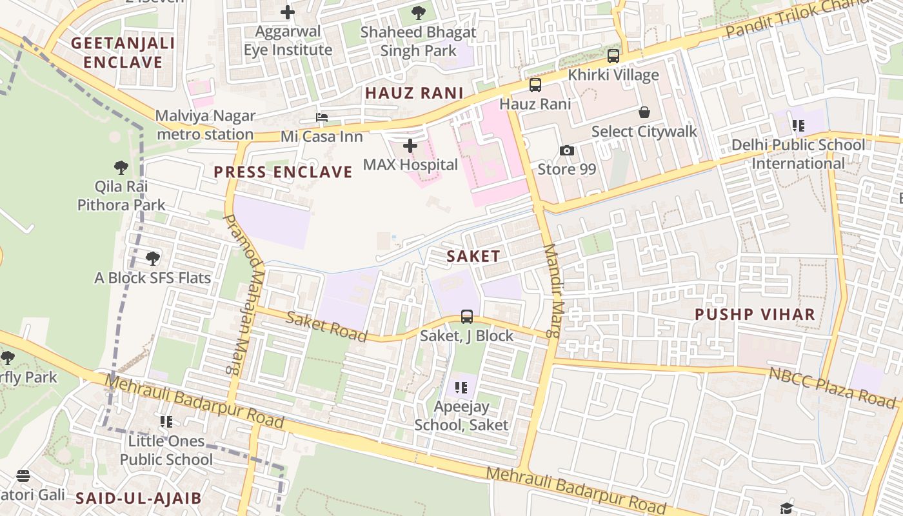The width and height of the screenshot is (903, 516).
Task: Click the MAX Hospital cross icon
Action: pyautogui.click(x=410, y=146)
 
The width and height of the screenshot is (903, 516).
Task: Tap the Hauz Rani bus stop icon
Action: pyautogui.click(x=535, y=85)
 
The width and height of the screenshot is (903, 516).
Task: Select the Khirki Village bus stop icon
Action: pyautogui.click(x=613, y=56)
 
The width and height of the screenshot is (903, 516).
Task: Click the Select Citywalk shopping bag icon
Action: pyautogui.click(x=644, y=112)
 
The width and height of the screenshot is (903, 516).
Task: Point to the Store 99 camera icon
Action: pyautogui.click(x=567, y=150)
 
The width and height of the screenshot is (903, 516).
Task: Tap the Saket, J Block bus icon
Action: pyautogui.click(x=467, y=317)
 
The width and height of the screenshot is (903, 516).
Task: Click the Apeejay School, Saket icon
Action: pyautogui.click(x=461, y=387)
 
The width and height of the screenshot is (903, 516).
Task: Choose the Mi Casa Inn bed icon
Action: pyautogui.click(x=321, y=117)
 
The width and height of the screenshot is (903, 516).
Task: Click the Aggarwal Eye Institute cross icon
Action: pyautogui.click(x=288, y=12)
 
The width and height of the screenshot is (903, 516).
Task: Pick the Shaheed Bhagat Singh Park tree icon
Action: pyautogui.click(x=419, y=12)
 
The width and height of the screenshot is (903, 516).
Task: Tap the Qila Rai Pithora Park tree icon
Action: pyautogui.click(x=121, y=168)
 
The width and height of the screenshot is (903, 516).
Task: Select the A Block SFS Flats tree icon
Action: pyautogui.click(x=153, y=259)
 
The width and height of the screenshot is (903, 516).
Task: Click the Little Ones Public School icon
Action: pyautogui.click(x=166, y=422)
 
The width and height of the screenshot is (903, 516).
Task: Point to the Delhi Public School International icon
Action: pyautogui.click(x=799, y=126)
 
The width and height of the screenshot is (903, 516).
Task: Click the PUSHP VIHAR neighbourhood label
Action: pyautogui.click(x=755, y=315)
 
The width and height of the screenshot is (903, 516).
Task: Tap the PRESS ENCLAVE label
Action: pyautogui.click(x=283, y=172)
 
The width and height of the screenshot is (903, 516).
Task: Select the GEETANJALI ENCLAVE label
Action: pyautogui.click(x=123, y=53)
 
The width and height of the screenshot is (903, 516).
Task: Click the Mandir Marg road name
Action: pyautogui.click(x=551, y=290)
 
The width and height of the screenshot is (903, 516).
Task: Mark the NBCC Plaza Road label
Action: pyautogui.click(x=832, y=388)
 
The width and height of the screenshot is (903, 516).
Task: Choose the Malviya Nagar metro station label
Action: pyautogui.click(x=205, y=125)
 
